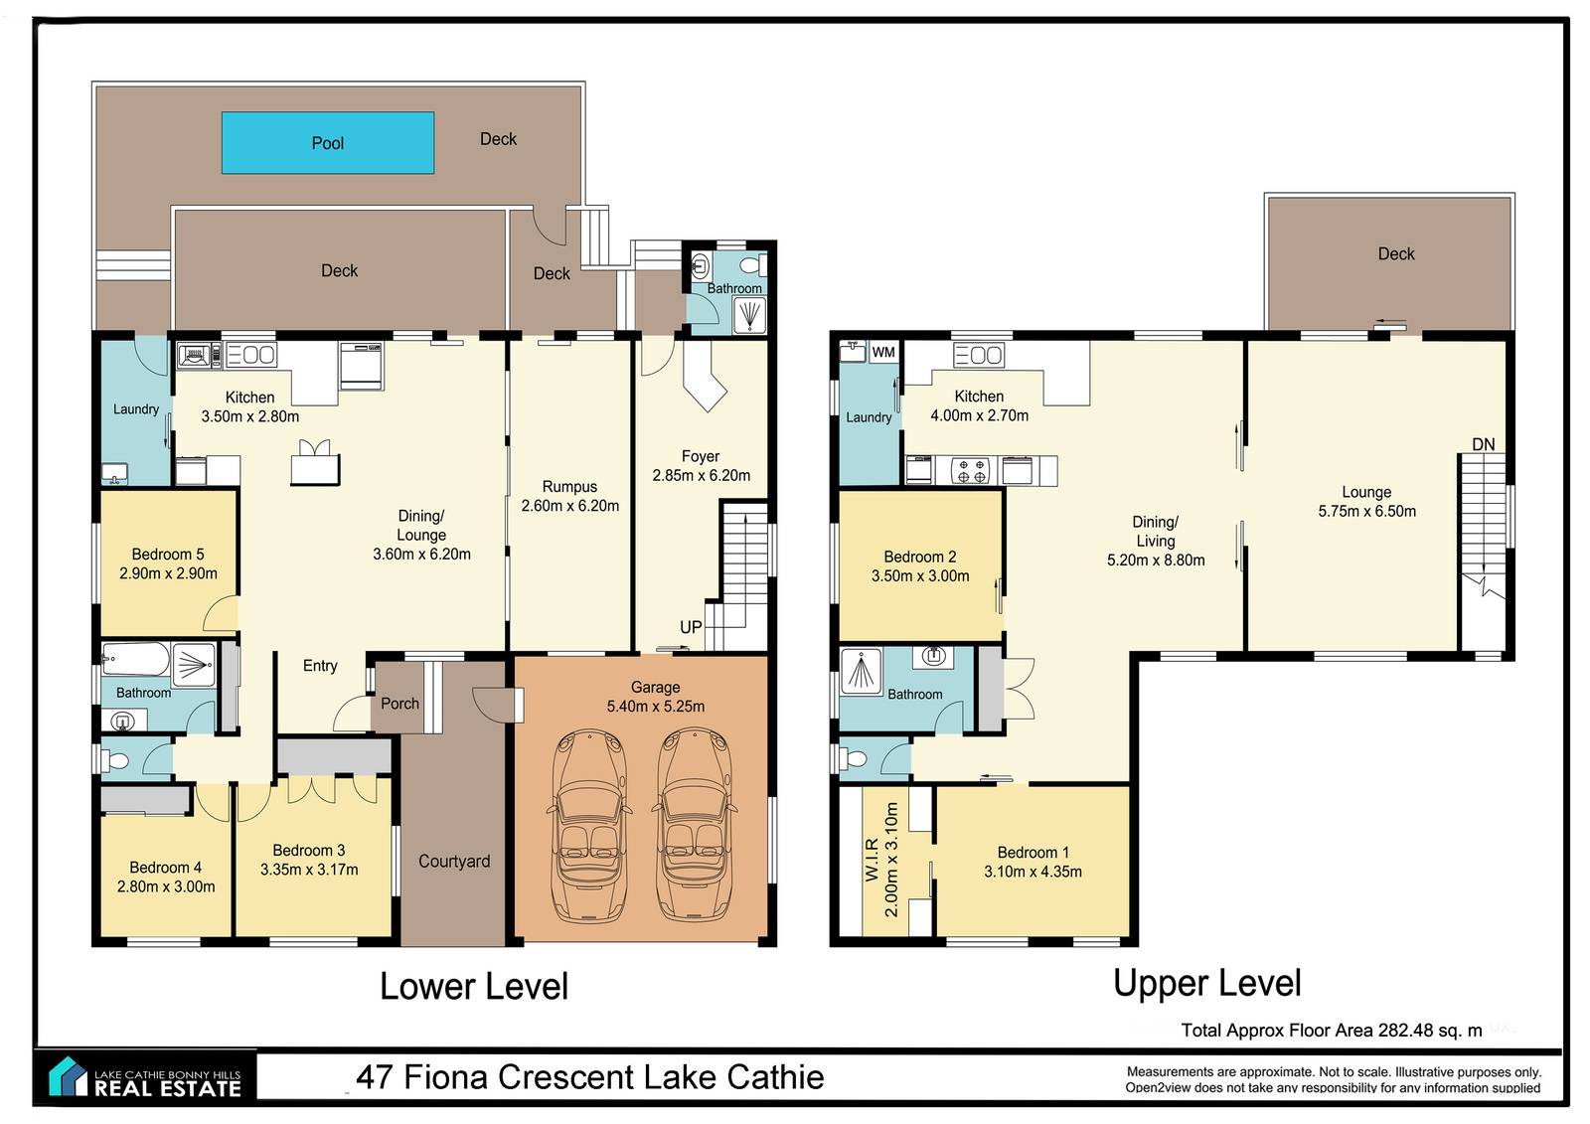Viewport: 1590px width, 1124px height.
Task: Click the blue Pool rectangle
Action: [328, 143]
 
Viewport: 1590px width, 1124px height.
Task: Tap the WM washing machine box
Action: [883, 352]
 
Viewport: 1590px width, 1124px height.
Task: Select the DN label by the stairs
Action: [1484, 444]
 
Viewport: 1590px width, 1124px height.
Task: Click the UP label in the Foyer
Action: [691, 627]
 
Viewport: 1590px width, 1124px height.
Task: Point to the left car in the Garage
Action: [589, 825]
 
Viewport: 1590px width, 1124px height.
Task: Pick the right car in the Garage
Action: [694, 825]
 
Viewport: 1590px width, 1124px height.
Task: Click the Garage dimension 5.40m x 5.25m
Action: [656, 707]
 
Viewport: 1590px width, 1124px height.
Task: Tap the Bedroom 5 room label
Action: [168, 554]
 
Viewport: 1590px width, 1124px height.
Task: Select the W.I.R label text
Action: [873, 860]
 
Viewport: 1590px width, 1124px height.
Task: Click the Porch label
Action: [400, 704]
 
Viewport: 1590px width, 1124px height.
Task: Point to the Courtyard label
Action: [454, 862]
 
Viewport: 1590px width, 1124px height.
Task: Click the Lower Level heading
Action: [474, 986]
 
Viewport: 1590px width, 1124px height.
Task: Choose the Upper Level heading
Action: [1207, 984]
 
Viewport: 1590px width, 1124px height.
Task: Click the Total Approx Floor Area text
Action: [1332, 1031]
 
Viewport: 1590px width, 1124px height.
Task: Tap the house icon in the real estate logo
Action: [68, 1076]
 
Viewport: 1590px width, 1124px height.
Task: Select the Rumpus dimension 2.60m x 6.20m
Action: [570, 506]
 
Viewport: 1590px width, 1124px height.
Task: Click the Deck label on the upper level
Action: [1396, 253]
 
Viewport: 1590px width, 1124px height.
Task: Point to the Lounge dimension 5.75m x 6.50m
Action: [1367, 511]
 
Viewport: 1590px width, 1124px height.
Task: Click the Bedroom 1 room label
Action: [1033, 852]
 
